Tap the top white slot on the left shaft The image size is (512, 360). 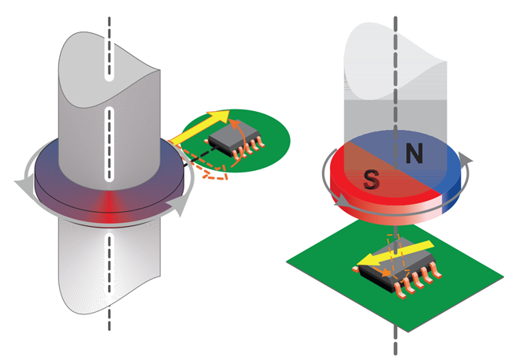109,66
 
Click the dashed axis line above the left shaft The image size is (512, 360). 109,24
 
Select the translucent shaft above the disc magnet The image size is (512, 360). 394,79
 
